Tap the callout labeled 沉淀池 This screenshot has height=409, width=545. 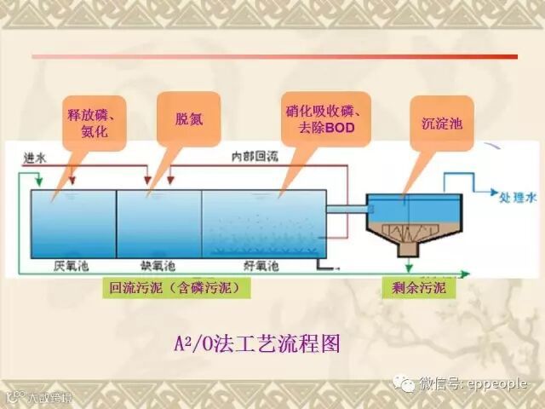point(441,123)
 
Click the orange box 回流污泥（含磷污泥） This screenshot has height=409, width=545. point(180,288)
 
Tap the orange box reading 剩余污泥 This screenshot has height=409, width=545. point(418,288)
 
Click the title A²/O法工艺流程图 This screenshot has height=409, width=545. point(256,344)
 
